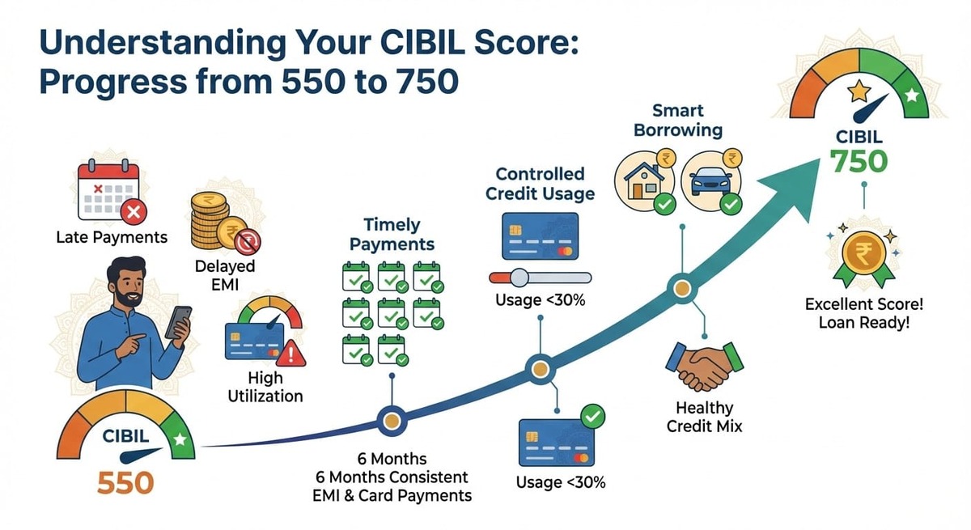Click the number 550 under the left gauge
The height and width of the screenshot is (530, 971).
point(125,482)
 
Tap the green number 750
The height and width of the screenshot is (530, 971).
point(863,162)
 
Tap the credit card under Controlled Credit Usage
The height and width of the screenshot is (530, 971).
point(540,235)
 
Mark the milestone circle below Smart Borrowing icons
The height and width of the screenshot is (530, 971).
point(681,288)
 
